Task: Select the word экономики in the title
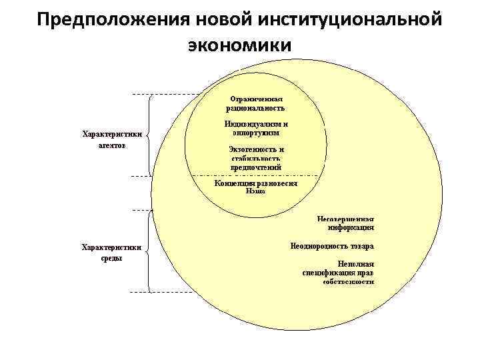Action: tap(239, 45)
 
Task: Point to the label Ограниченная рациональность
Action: tap(256, 103)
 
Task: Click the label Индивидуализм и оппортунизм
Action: tap(256, 128)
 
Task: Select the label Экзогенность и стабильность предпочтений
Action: tap(256, 158)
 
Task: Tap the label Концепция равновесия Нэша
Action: tap(256, 186)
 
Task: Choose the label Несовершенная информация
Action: tap(345, 222)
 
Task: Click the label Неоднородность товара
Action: tap(331, 245)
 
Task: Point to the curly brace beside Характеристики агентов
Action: tap(149, 136)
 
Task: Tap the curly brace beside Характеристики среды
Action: tap(149, 251)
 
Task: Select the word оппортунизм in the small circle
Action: tap(256, 133)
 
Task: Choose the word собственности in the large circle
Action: tap(348, 281)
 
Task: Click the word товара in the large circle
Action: tap(360, 245)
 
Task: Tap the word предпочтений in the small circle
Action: tap(256, 167)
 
